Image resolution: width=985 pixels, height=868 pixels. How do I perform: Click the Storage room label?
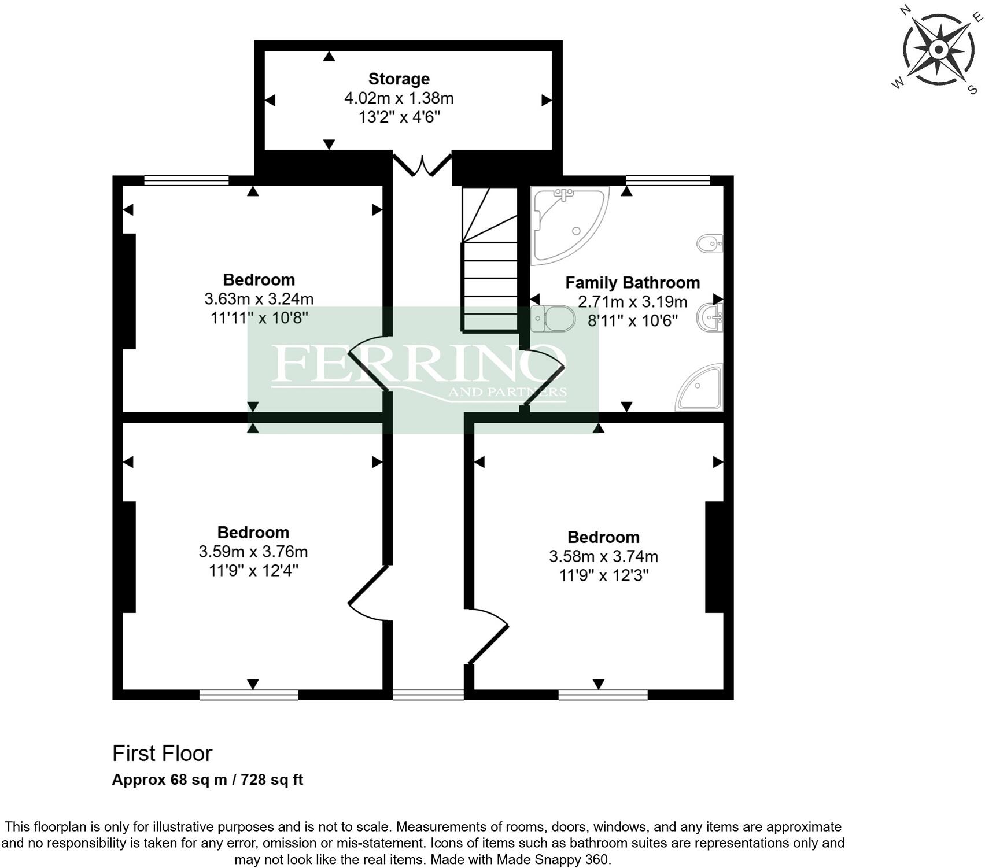(x=399, y=79)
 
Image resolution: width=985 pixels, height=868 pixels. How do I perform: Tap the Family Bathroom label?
(x=632, y=283)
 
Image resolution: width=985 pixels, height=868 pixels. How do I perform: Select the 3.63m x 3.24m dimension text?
(x=259, y=299)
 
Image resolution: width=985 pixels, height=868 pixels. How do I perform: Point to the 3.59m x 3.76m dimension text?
(x=253, y=552)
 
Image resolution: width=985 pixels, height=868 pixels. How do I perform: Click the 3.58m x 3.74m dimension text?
(x=603, y=556)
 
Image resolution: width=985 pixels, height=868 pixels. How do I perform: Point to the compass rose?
(x=938, y=49)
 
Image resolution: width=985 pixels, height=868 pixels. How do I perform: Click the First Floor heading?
(x=162, y=754)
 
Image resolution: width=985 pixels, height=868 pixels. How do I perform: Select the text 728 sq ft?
(x=272, y=780)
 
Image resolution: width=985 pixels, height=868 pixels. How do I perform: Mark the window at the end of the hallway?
(x=428, y=695)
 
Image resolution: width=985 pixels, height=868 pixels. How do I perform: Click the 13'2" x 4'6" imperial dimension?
(x=399, y=117)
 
